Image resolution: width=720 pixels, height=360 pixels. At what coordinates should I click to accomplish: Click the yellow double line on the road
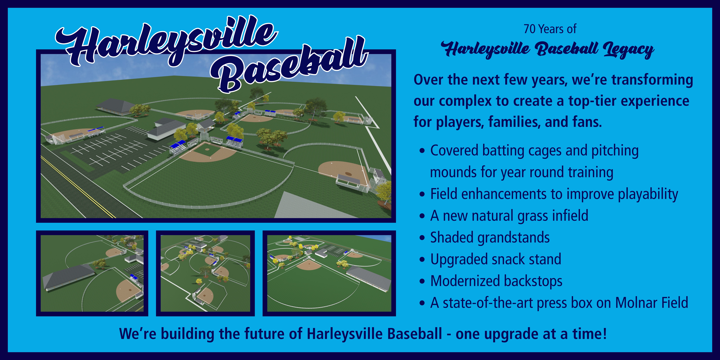78,187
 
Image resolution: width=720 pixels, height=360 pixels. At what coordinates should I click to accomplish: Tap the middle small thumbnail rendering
205,273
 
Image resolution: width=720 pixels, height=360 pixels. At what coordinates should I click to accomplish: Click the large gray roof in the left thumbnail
68,277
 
